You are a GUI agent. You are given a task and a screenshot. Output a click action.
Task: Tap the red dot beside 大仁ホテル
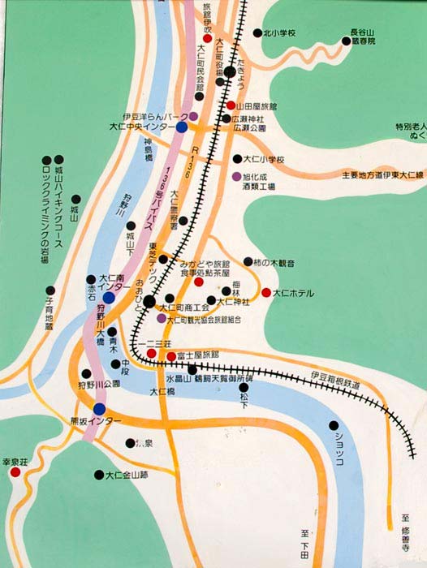(265, 292)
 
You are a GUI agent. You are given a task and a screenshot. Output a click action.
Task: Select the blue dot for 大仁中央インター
(182, 127)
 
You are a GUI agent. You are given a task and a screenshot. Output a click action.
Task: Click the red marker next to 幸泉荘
(15, 471)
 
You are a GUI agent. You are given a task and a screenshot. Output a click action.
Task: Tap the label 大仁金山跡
(127, 475)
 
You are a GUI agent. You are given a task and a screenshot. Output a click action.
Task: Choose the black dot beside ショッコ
(333, 425)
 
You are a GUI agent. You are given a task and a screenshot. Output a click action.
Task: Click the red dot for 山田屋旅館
(231, 105)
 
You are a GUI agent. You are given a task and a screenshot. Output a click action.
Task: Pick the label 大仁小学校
(264, 159)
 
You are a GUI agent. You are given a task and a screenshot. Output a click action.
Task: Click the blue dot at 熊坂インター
(99, 408)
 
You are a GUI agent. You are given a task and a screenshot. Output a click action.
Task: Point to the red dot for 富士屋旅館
(171, 355)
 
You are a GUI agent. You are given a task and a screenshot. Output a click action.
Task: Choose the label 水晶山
(177, 378)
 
